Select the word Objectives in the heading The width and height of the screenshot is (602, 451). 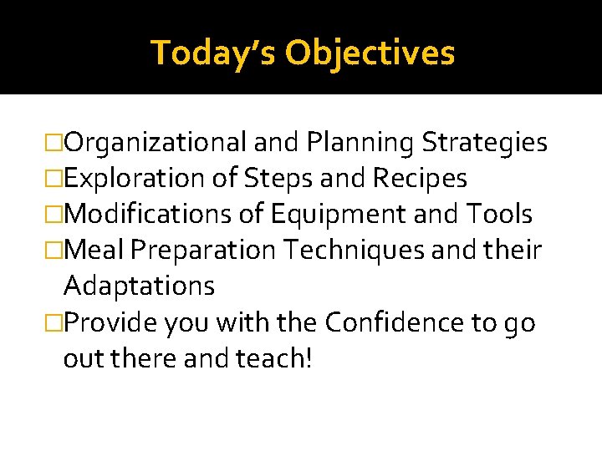[x=370, y=53]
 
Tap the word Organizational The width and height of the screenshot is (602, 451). [x=155, y=143]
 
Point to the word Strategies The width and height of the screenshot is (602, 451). [x=484, y=143]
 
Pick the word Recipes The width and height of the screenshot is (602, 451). [x=420, y=179]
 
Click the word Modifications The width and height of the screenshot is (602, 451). [x=148, y=215]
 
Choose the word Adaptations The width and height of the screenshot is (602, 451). [x=139, y=286]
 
